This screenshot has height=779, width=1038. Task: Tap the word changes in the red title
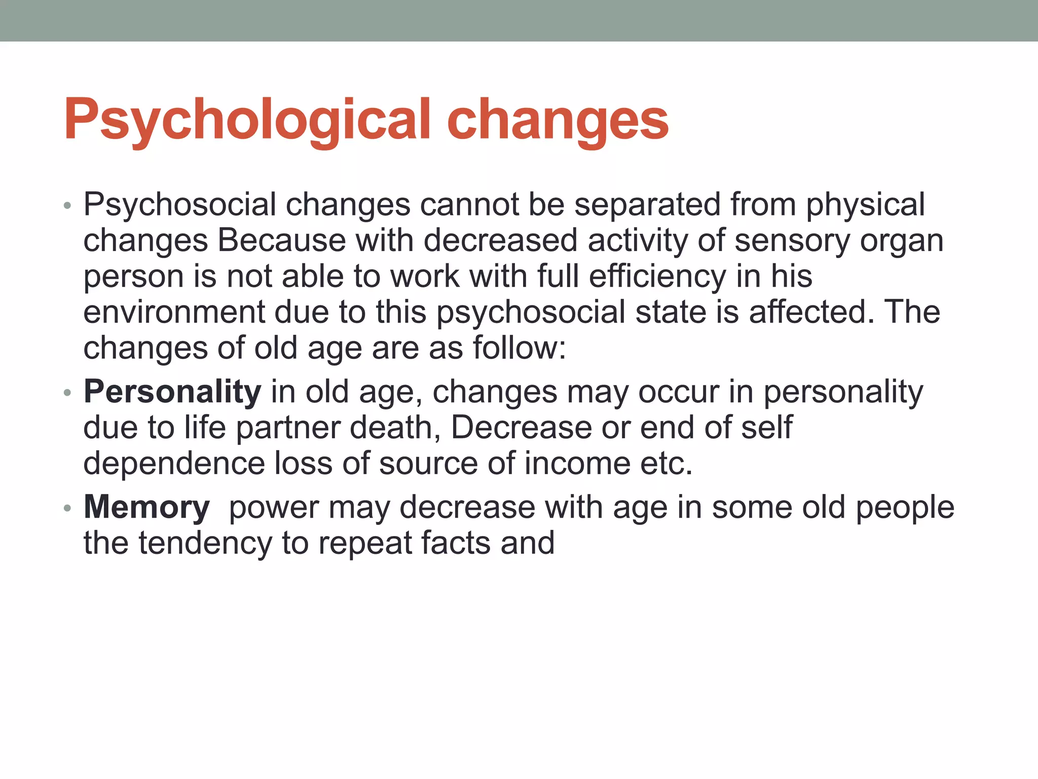click(x=558, y=120)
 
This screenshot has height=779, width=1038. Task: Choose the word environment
click(x=173, y=312)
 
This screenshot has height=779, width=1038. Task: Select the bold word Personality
click(x=172, y=392)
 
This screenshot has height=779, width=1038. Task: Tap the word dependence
click(x=173, y=464)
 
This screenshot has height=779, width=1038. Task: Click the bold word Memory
click(x=146, y=507)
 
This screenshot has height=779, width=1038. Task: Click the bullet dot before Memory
click(x=68, y=508)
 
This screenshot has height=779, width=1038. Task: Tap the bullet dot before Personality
click(x=68, y=393)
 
